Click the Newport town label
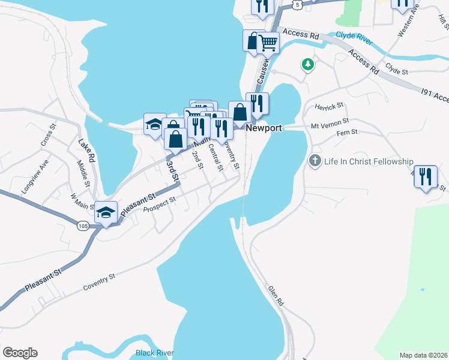[264, 128]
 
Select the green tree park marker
[308, 64]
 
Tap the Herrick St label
[328, 106]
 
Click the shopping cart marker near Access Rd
[268, 42]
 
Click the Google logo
[20, 353]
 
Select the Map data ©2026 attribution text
[423, 355]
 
